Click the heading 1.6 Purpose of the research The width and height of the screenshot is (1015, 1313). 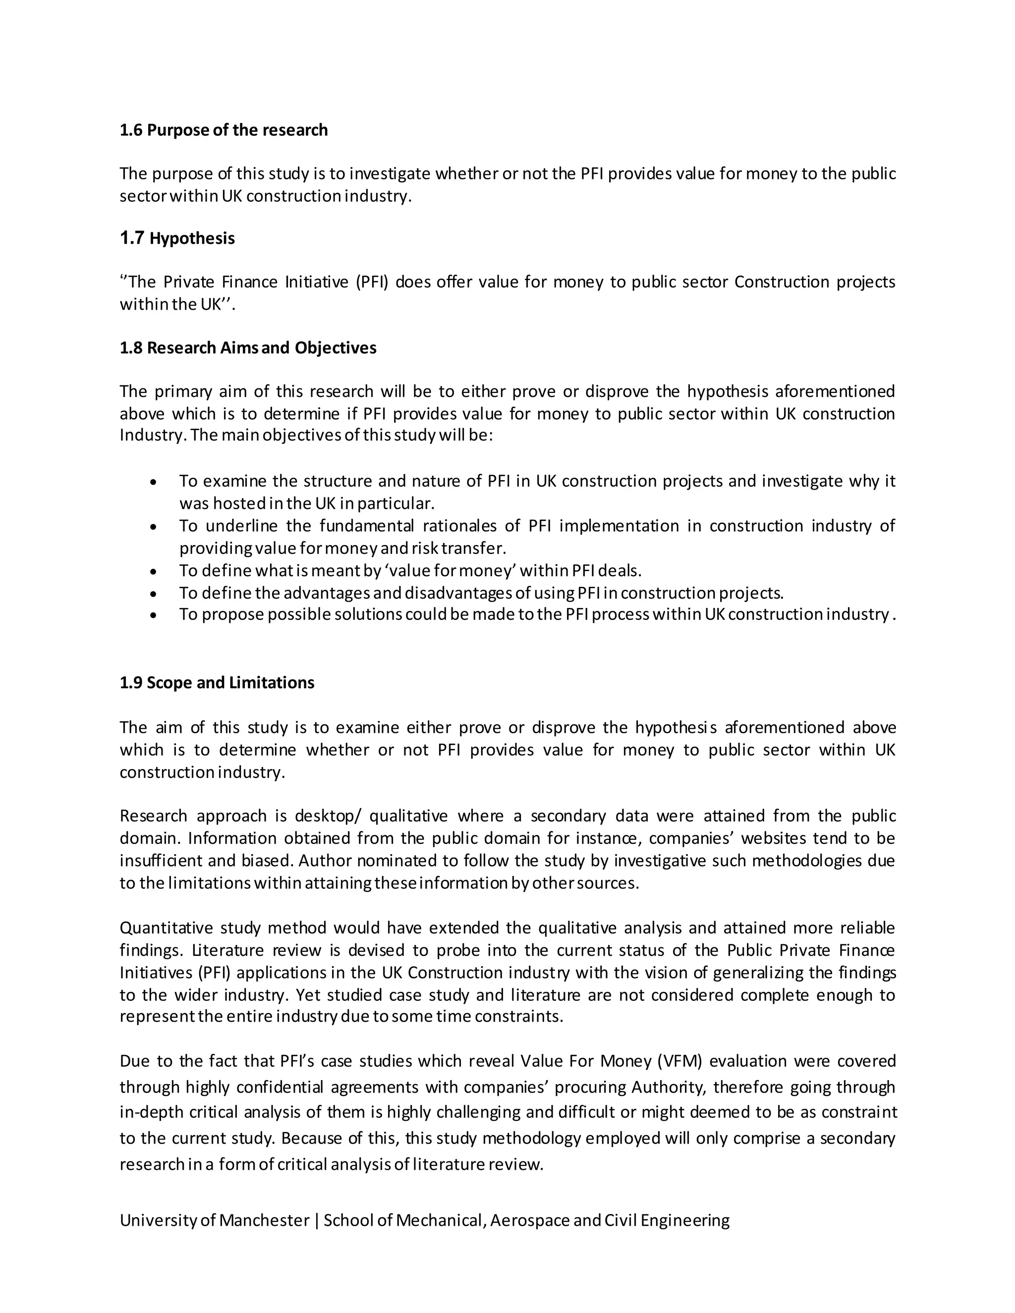223,130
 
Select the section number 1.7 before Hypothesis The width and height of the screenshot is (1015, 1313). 132,238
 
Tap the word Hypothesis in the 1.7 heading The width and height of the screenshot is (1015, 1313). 192,239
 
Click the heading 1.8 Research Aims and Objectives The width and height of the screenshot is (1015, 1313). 248,348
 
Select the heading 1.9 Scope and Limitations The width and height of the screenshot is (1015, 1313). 217,683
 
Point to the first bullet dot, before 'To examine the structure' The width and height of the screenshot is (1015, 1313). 155,482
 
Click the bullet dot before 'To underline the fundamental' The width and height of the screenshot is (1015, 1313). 155,527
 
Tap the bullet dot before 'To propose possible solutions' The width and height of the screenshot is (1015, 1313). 155,615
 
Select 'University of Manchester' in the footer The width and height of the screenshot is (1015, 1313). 214,1220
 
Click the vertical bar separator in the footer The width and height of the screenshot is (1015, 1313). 316,1220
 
